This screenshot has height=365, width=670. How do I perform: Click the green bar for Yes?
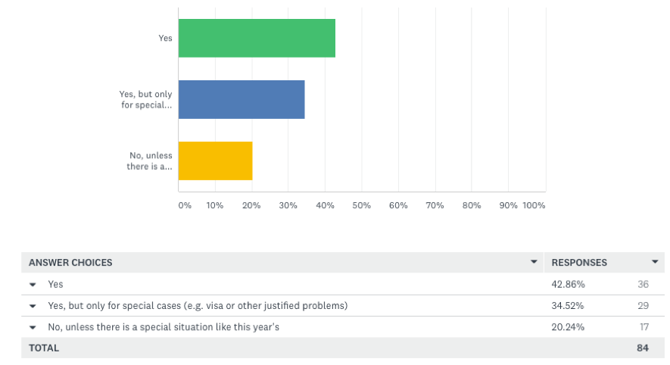tap(257, 38)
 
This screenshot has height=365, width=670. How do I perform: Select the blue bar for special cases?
tap(242, 99)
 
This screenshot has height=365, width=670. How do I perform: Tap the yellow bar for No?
tap(215, 161)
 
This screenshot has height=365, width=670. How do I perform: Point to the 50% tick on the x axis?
tap(361, 205)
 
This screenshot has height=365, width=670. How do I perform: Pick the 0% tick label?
tap(185, 205)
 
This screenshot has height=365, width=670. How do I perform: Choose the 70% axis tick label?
tap(435, 205)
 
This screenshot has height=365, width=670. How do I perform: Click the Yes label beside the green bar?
tap(165, 38)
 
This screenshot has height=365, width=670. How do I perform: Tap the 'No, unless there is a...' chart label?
tap(150, 161)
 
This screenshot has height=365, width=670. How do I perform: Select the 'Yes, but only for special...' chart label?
tap(146, 99)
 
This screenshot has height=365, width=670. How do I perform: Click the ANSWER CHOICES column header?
tap(70, 263)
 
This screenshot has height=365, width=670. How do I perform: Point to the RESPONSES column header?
tap(579, 263)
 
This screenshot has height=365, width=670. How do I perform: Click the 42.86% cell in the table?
tap(568, 284)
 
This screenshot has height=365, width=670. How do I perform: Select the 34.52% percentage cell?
tap(568, 305)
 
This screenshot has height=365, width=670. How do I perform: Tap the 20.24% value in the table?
tap(568, 326)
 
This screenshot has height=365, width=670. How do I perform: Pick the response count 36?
tap(644, 284)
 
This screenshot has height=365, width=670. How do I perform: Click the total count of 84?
tap(644, 348)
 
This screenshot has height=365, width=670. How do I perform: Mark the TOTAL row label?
tap(44, 348)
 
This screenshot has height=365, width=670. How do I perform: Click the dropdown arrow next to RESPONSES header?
tap(655, 262)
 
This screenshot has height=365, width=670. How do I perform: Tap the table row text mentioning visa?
tap(198, 305)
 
